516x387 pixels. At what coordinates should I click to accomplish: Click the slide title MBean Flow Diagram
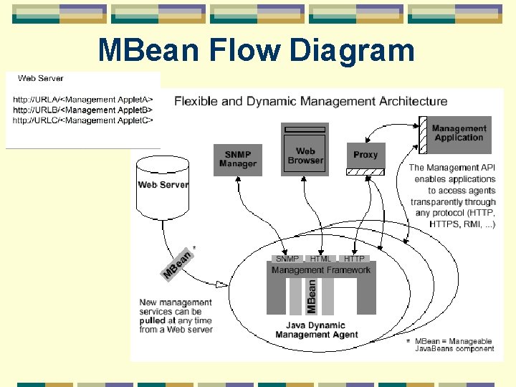pos(256,51)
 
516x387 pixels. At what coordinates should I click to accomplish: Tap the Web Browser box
pos(305,155)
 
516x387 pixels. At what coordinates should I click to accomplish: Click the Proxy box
pos(365,155)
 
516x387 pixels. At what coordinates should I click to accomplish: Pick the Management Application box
pos(459,133)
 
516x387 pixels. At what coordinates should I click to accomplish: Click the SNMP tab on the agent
pos(287,259)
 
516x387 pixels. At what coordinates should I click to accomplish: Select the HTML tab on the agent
pos(320,259)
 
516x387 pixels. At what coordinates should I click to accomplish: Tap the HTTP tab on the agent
pos(354,259)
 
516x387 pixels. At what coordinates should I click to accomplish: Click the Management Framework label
pos(321,270)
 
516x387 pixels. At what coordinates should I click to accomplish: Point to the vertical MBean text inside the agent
pos(312,296)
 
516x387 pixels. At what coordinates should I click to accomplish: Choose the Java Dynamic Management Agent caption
pos(310,330)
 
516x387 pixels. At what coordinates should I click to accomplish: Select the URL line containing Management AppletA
pos(83,100)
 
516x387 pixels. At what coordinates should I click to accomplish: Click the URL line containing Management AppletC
pos(83,120)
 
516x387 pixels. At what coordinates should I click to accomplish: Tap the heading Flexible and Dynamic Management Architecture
pos(310,101)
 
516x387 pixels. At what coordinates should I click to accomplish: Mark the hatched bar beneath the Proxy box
pos(365,171)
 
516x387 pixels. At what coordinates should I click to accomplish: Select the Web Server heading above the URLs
pos(40,78)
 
